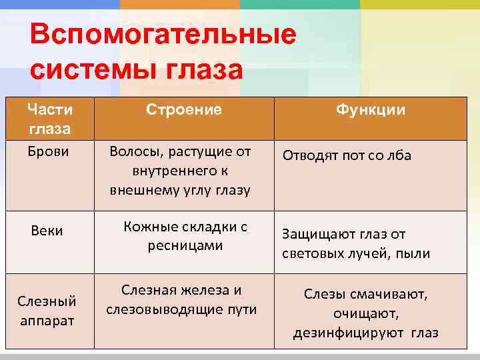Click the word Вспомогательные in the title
point(163,35)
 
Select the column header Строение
point(184,109)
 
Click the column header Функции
point(371,109)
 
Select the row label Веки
point(48,231)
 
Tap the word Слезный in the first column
point(47,301)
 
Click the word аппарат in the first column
point(47,321)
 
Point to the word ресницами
point(185,245)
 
